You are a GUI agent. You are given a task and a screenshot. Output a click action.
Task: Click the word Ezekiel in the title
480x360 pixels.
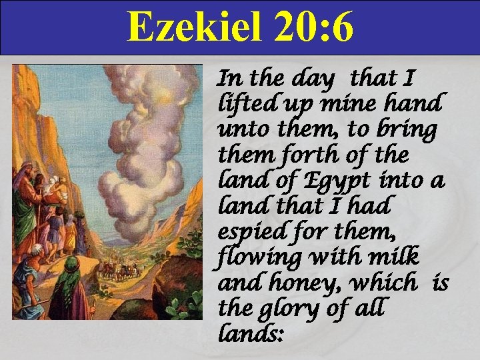187,28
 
